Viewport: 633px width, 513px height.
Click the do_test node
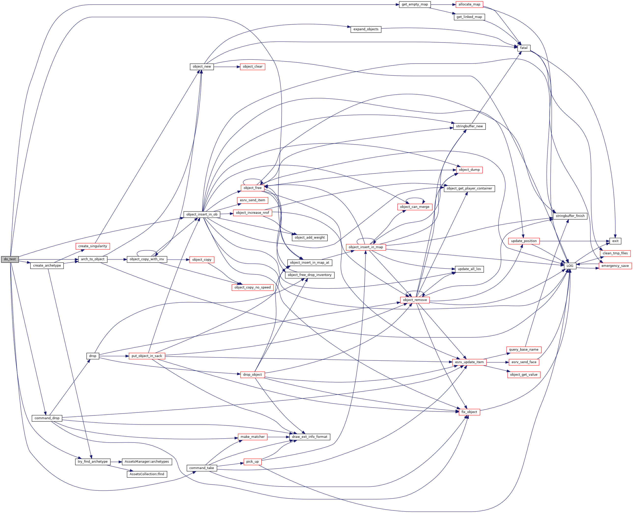(10, 259)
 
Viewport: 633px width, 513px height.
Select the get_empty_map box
(414, 4)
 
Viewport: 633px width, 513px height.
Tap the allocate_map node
(469, 4)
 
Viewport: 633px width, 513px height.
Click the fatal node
(523, 48)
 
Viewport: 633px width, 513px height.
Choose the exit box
(615, 241)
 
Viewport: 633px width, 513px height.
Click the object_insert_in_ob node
(202, 214)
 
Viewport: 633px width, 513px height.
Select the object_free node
(252, 188)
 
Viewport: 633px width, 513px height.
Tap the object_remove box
(415, 300)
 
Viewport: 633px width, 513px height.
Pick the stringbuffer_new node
(469, 126)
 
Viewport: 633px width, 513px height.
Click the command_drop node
(47, 418)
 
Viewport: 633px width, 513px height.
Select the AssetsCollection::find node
(147, 474)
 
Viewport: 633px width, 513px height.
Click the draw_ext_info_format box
(309, 437)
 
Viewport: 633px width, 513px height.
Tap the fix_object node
(469, 412)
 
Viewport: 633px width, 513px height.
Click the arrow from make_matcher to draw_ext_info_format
(278, 437)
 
